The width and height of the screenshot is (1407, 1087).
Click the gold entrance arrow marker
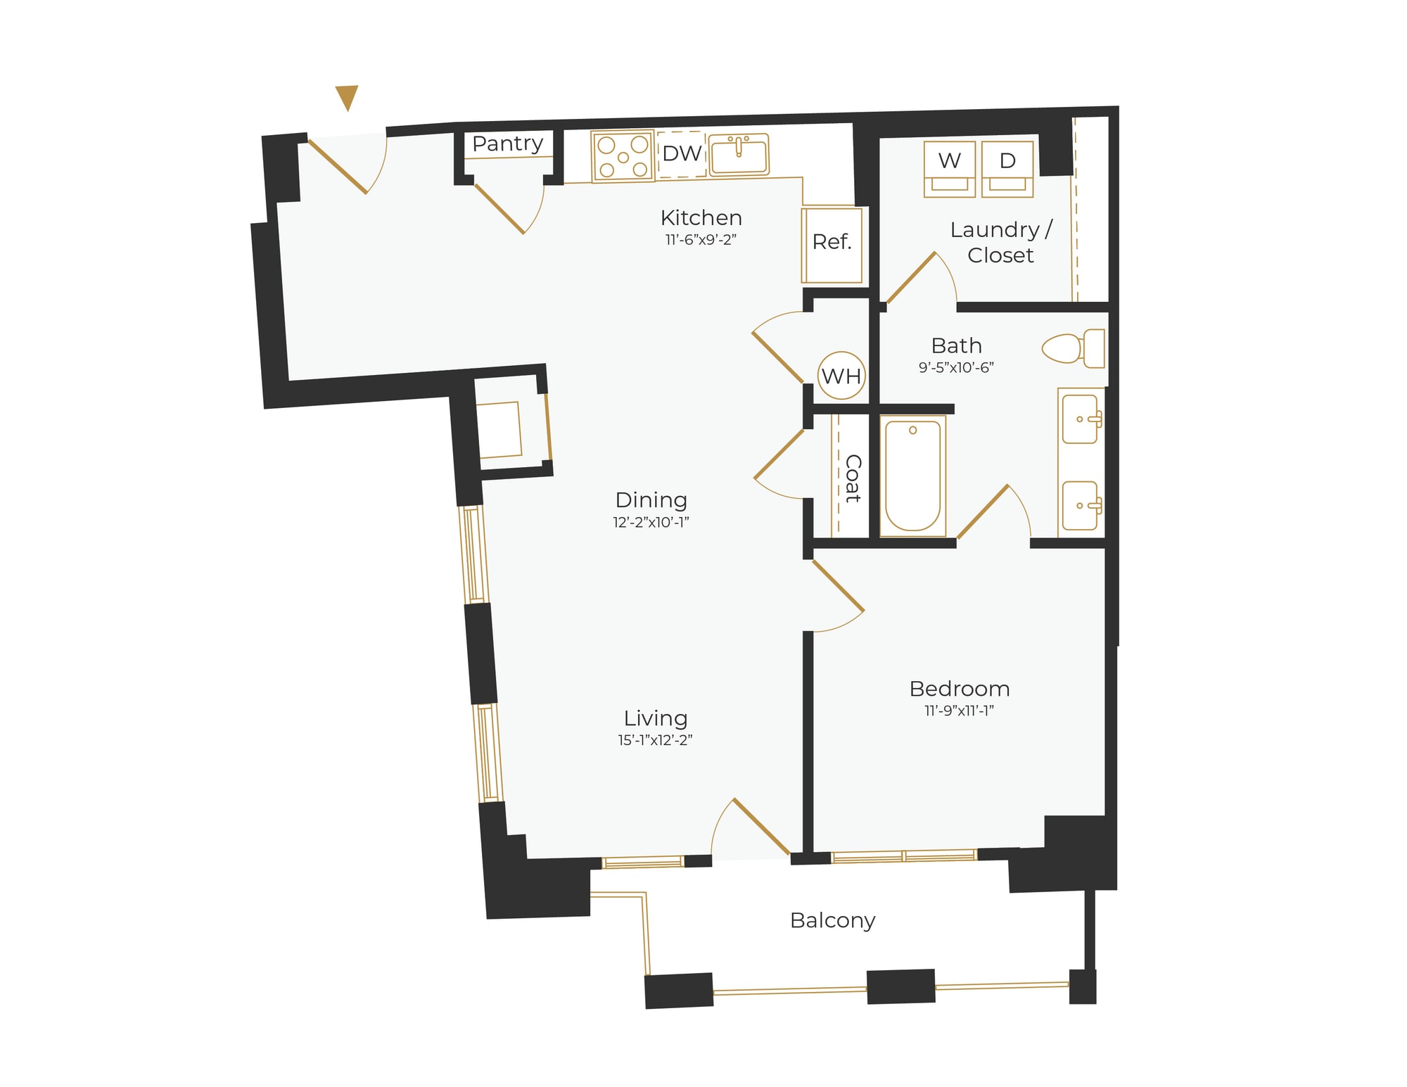click(x=347, y=96)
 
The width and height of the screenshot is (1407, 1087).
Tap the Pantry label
click(x=507, y=144)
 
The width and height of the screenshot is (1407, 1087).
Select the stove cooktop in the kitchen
click(x=623, y=157)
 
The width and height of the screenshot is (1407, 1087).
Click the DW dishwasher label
click(x=682, y=153)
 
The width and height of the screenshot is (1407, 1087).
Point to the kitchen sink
click(x=738, y=154)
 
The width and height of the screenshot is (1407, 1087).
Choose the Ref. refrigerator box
click(x=832, y=243)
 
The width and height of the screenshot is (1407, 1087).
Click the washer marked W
click(x=949, y=168)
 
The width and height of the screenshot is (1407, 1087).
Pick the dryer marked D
click(x=1007, y=168)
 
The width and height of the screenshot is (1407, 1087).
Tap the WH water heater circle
click(x=841, y=376)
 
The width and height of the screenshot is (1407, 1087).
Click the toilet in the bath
click(x=1073, y=348)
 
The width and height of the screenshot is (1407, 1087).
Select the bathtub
click(x=912, y=476)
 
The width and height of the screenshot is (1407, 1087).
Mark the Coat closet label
click(x=853, y=478)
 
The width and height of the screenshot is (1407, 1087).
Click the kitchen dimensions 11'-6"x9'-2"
click(x=701, y=240)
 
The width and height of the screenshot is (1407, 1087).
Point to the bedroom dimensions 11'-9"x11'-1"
click(x=959, y=711)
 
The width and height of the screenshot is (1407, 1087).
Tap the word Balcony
click(x=832, y=920)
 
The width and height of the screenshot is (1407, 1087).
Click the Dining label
click(x=651, y=500)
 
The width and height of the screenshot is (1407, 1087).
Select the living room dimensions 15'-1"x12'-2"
click(x=655, y=740)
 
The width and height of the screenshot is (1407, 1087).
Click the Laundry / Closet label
click(x=1000, y=242)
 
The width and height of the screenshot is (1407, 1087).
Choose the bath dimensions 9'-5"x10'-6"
click(x=956, y=367)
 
